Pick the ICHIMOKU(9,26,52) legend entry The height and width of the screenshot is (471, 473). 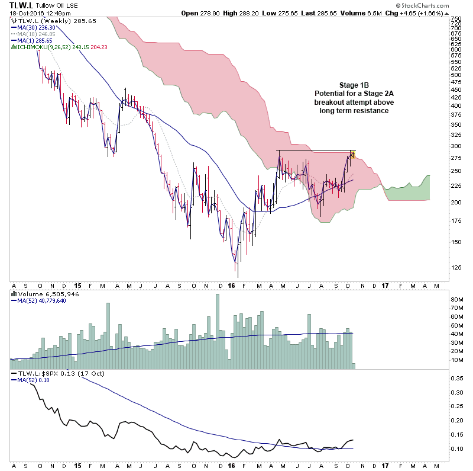pyautogui.click(x=53, y=47)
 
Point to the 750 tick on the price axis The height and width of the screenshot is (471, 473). pyautogui.click(x=456, y=19)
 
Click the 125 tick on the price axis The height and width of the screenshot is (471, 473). pyautogui.click(x=456, y=267)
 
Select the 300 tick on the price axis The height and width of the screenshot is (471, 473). pyautogui.click(x=456, y=146)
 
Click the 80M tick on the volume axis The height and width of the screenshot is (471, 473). pyautogui.click(x=457, y=300)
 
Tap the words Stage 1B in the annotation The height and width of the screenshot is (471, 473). pyautogui.click(x=354, y=85)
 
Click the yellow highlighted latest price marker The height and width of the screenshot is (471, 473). pyautogui.click(x=353, y=155)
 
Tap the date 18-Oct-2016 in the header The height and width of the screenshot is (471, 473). pyautogui.click(x=21, y=13)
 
